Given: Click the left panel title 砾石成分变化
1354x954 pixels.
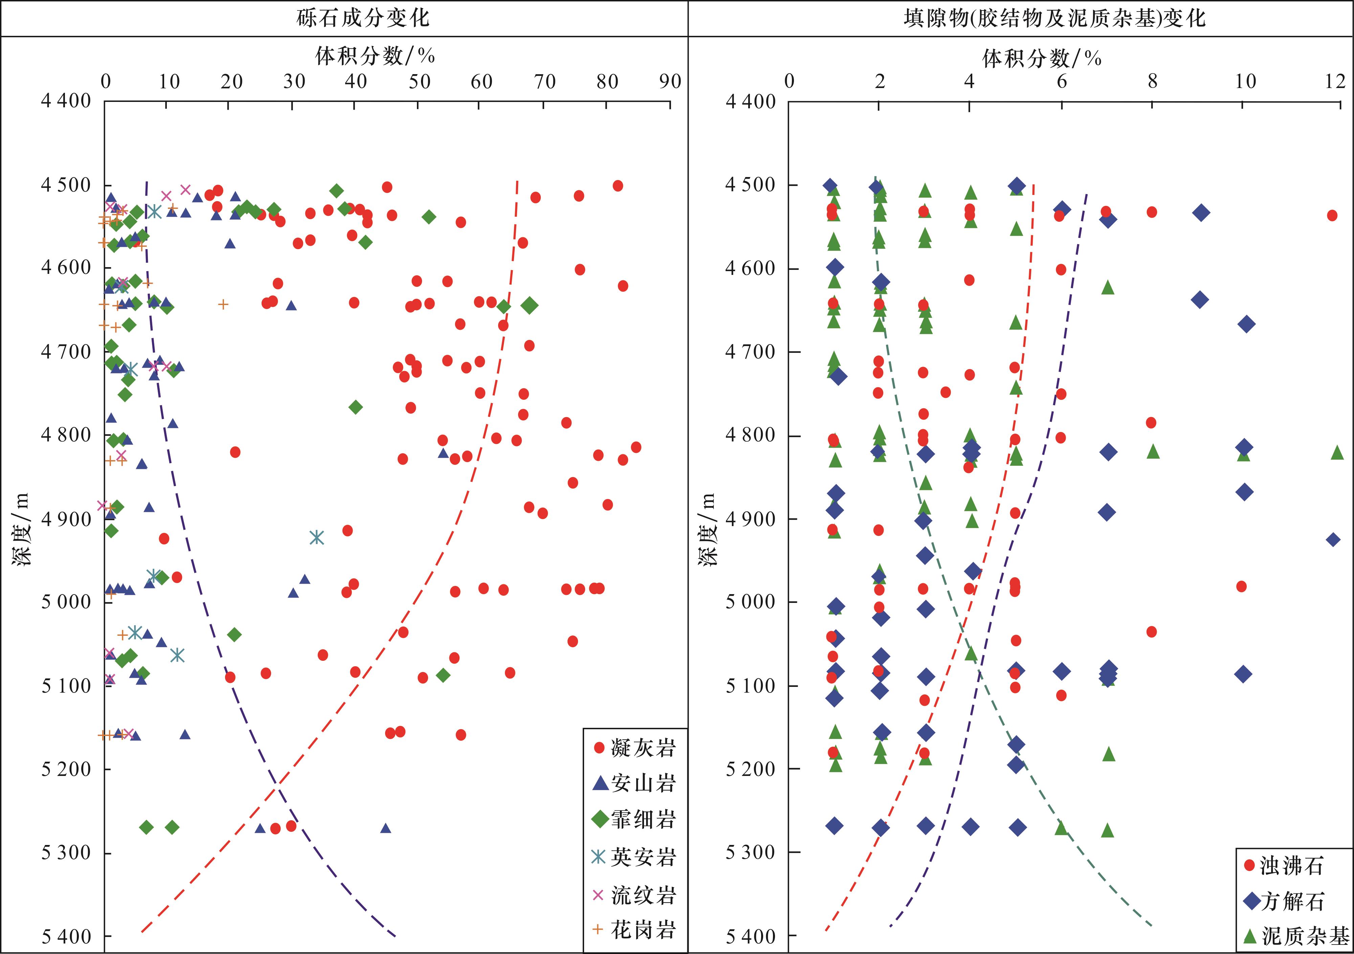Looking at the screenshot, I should (x=363, y=18).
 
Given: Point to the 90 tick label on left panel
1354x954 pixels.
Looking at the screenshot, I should (x=670, y=81).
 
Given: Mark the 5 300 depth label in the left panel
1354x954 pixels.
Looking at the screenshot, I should (x=66, y=853).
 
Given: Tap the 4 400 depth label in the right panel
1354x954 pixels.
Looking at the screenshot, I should (x=751, y=102).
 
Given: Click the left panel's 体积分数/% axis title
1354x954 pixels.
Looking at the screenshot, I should (x=375, y=56).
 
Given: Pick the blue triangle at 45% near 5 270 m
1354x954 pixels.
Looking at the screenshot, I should (x=386, y=828).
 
